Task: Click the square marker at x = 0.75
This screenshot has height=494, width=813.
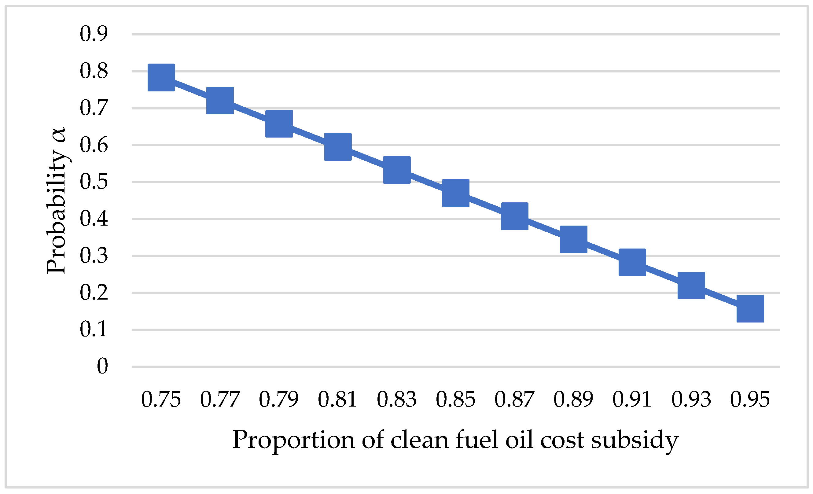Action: [161, 77]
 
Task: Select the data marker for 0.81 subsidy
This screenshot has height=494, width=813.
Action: [338, 147]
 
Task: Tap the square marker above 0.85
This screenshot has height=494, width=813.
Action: [456, 193]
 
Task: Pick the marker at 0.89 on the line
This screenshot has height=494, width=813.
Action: [573, 239]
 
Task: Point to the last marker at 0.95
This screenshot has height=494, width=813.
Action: [750, 308]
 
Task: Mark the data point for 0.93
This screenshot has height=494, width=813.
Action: [691, 286]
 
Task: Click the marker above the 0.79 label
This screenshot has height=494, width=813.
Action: [279, 124]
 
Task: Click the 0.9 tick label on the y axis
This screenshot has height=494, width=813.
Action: [94, 34]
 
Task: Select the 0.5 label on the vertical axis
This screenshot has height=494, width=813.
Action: [94, 182]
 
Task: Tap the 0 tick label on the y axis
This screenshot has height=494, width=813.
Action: [102, 366]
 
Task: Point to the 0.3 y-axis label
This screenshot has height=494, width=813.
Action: [94, 256]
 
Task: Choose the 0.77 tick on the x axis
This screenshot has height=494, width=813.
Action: [220, 400]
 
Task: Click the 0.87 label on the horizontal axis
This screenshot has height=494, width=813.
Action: [514, 400]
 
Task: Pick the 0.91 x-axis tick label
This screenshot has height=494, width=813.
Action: [632, 400]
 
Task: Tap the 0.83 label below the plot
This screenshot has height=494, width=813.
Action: [397, 400]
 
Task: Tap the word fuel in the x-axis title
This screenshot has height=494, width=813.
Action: [476, 440]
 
